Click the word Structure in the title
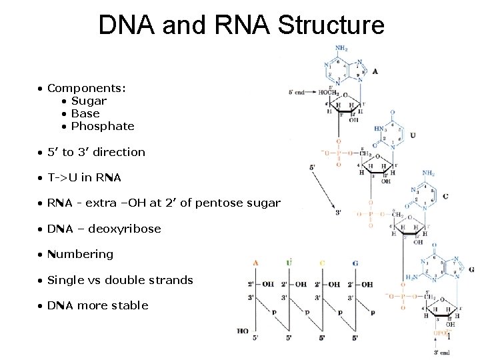pos(331,25)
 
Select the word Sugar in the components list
pos(89,101)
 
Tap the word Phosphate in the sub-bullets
pos(103,126)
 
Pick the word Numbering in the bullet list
pos(80,254)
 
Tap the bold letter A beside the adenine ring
pos(375,71)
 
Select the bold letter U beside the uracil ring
pos(413,135)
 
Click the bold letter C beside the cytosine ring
pos(445,197)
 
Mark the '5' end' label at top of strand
pos(295,92)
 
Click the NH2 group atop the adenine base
pos(341,48)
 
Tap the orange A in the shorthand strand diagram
pos(255,263)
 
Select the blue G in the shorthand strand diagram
pos(355,263)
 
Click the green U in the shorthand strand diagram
pos(289,262)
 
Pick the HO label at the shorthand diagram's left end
pos(242,331)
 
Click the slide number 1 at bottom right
pos(449,337)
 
